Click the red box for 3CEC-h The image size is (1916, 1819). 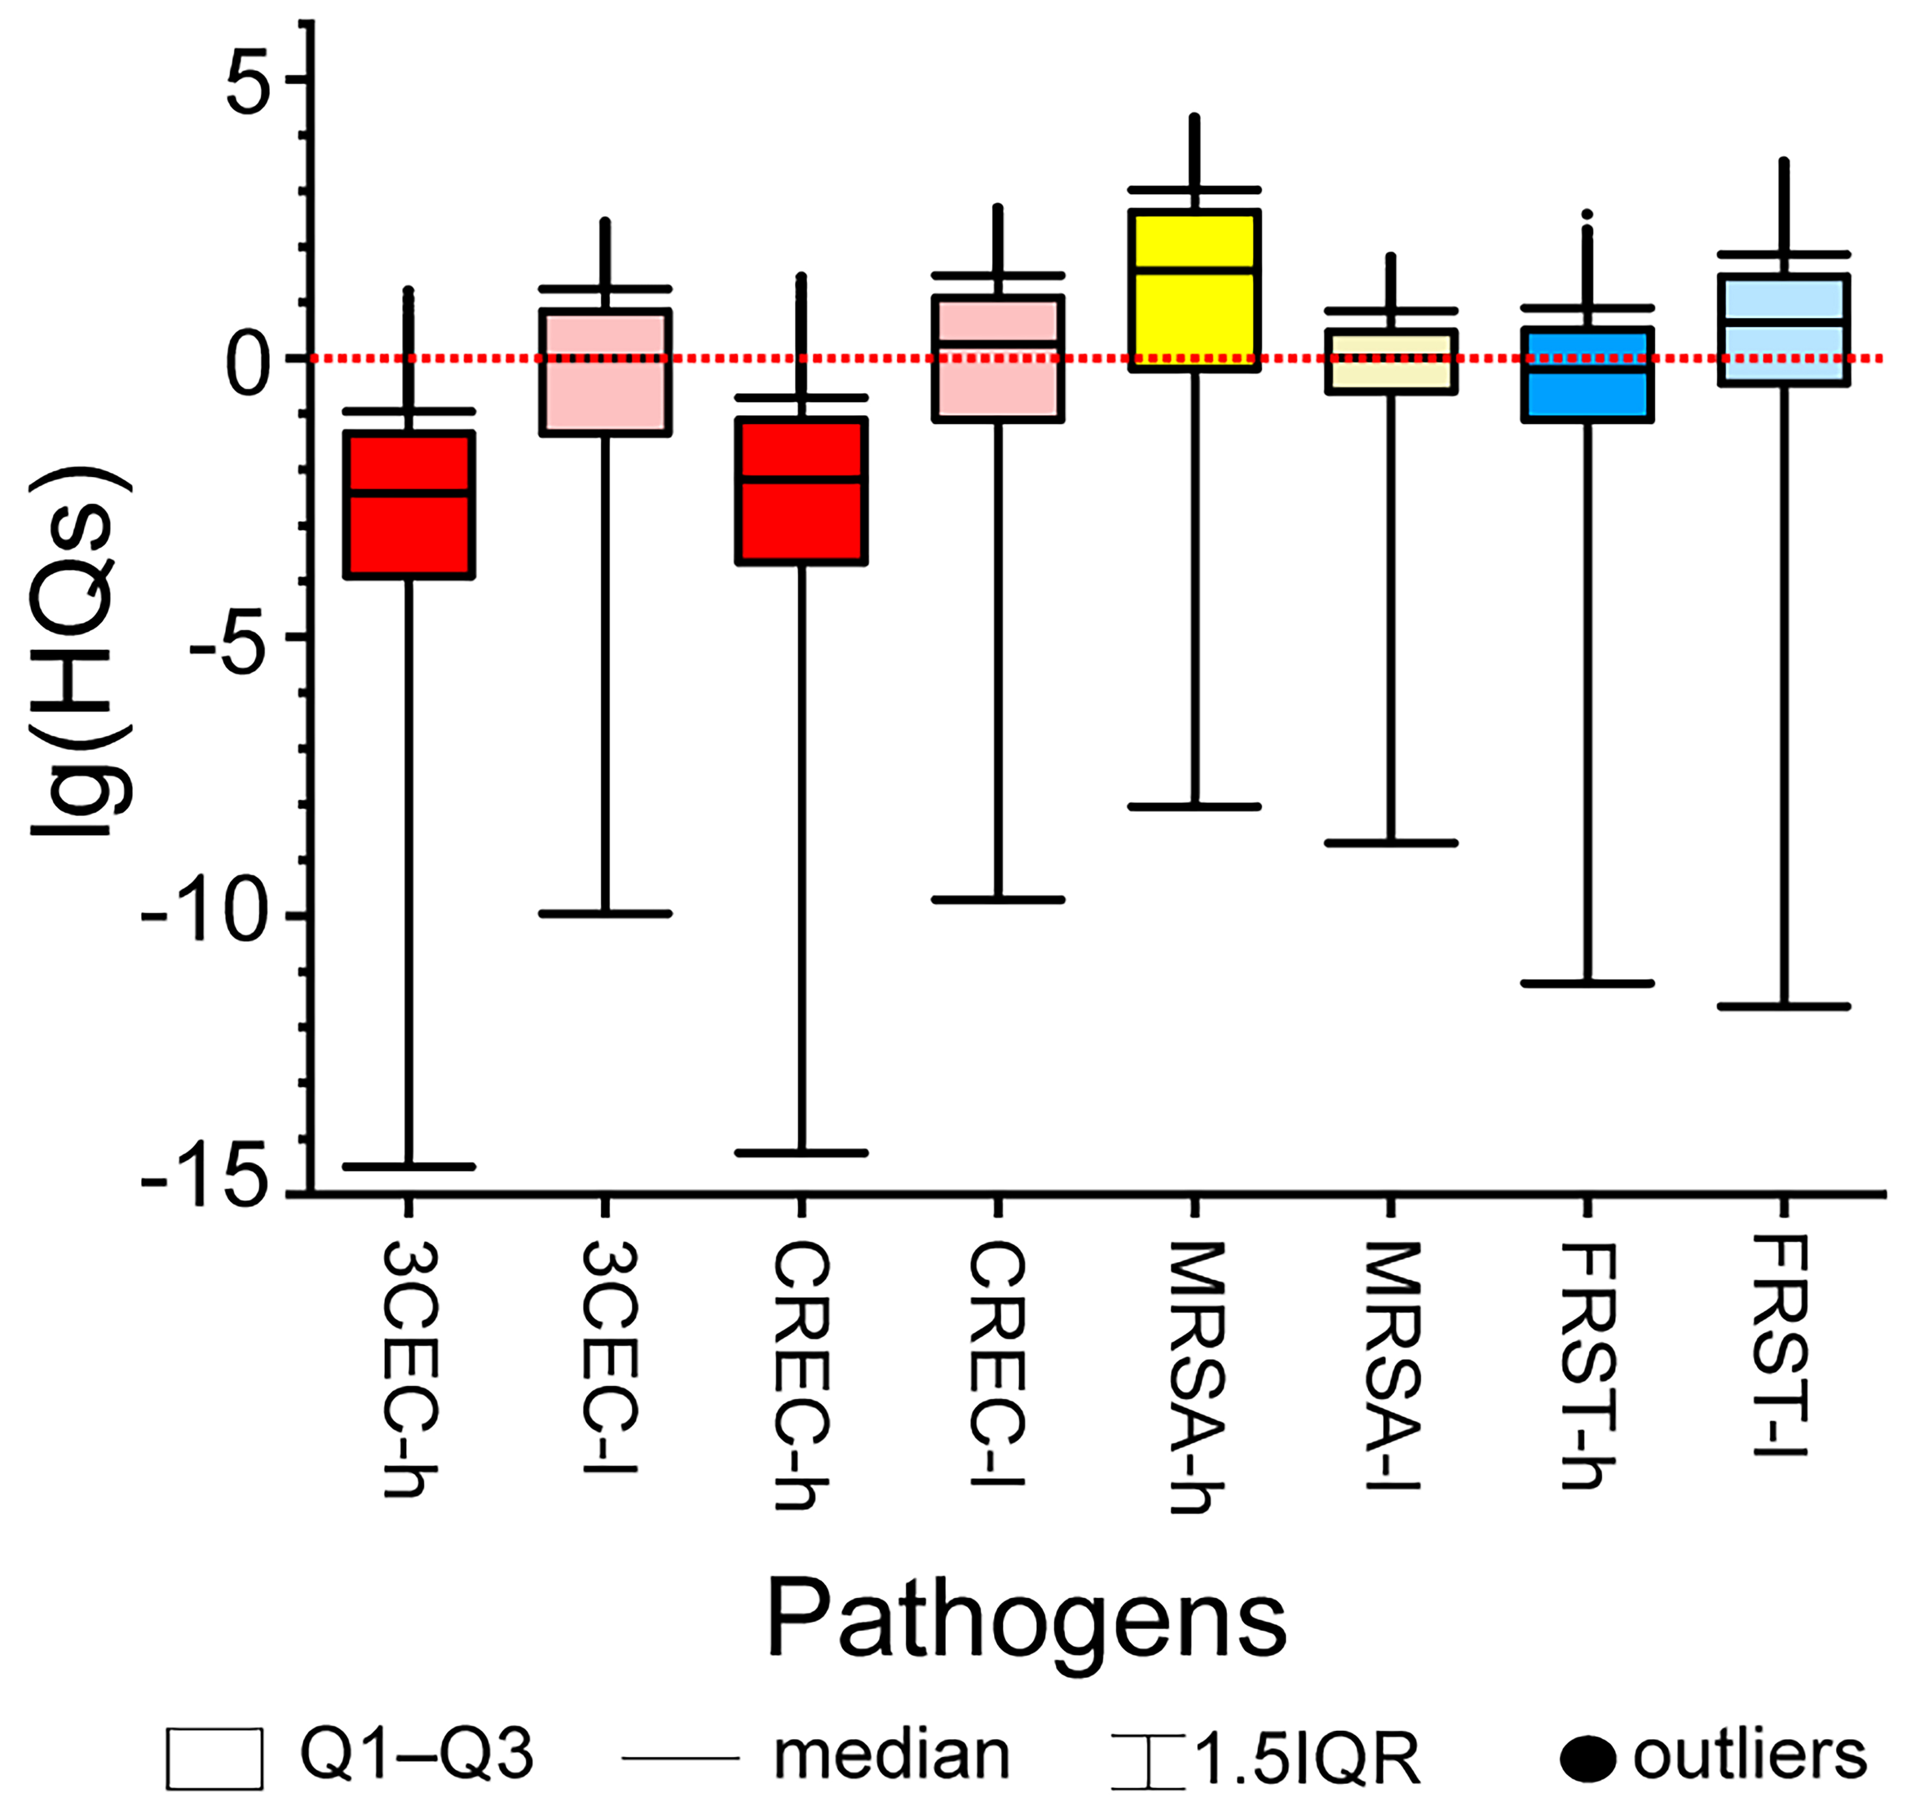tap(409, 504)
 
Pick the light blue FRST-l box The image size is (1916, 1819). tap(1784, 329)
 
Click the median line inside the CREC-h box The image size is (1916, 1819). tap(801, 479)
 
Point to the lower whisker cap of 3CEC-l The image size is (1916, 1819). tap(605, 914)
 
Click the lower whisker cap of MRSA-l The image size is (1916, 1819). tap(1391, 843)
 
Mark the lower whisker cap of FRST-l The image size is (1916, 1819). tap(1784, 1007)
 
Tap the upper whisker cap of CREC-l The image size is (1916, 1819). tap(998, 275)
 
